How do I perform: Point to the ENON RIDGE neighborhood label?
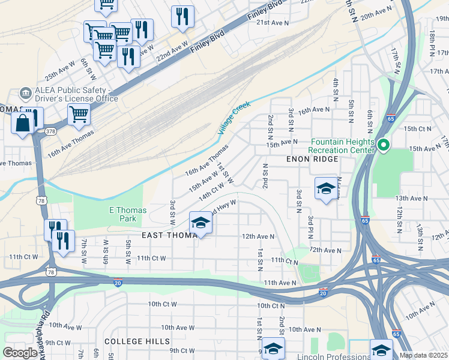coord(312,159)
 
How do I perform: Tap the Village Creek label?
coord(234,118)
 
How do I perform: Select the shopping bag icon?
coord(23,123)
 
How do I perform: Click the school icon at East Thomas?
coord(200,223)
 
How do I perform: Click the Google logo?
coord(20,353)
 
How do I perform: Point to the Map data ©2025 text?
coord(424,355)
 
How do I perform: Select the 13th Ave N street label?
coord(411,197)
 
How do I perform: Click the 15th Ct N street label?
coord(418,128)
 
